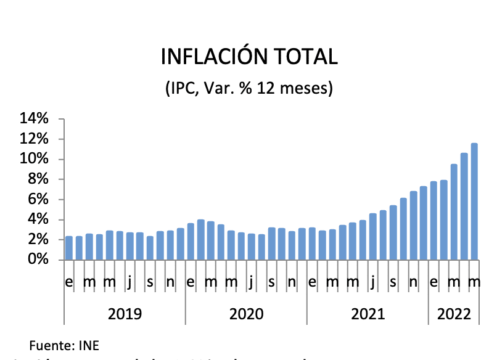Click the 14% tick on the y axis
click(x=35, y=119)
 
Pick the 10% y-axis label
click(x=35, y=159)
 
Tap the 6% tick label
click(x=38, y=199)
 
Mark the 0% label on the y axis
click(x=38, y=260)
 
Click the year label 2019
click(x=125, y=314)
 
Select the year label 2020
click(x=246, y=314)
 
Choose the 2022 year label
click(x=454, y=314)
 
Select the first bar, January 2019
click(x=69, y=248)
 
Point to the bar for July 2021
click(x=373, y=237)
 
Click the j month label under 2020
click(x=252, y=283)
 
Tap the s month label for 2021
click(x=393, y=283)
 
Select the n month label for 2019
click(x=170, y=283)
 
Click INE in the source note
click(x=89, y=344)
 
